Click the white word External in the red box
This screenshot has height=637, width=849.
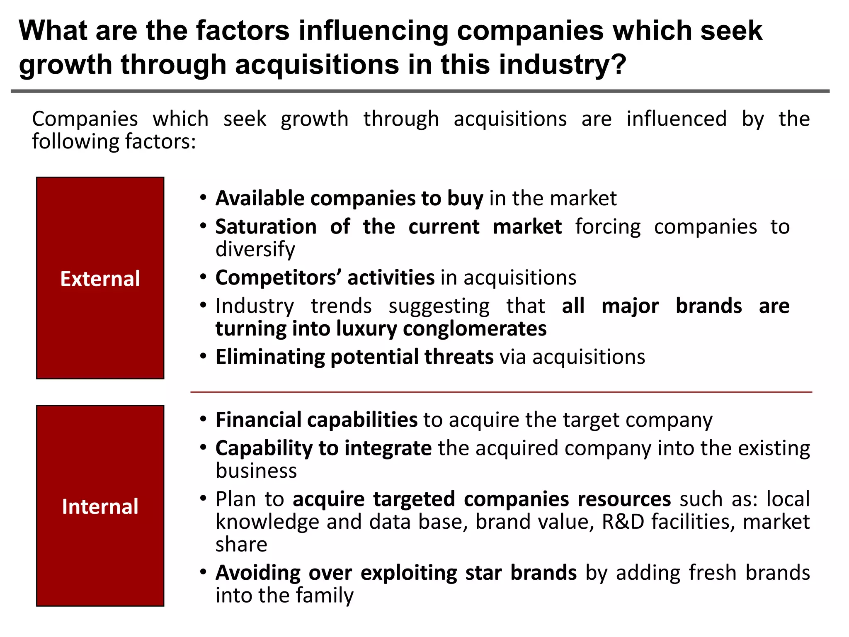tap(100, 279)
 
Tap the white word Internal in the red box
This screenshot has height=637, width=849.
tap(100, 506)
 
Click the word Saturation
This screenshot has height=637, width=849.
tap(266, 227)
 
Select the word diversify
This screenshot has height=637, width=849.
tap(255, 249)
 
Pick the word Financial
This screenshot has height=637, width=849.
tap(258, 420)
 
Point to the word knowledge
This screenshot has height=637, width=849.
tap(267, 522)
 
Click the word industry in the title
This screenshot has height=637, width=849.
tap(562, 65)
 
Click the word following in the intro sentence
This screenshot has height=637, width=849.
tap(75, 141)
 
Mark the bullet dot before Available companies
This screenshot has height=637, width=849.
tap(203, 197)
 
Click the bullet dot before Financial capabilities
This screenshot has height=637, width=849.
tap(203, 419)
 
